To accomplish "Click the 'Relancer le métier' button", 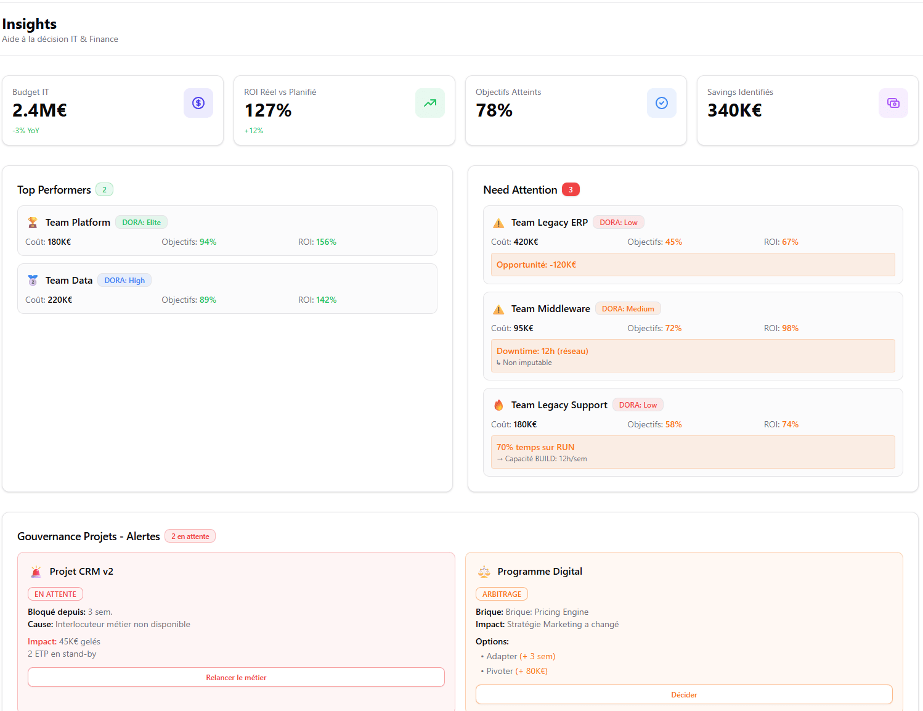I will pyautogui.click(x=236, y=677).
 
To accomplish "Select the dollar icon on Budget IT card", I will pyautogui.click(x=198, y=103).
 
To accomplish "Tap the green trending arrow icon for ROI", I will pyautogui.click(x=430, y=103).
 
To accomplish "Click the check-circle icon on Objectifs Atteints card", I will pyautogui.click(x=662, y=103).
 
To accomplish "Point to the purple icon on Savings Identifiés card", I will pyautogui.click(x=893, y=103).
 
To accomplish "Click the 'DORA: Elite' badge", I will pyautogui.click(x=141, y=223).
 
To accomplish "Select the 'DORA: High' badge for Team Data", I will pyautogui.click(x=124, y=281).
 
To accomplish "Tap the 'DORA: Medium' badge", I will pyautogui.click(x=628, y=309).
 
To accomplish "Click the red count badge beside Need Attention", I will pyautogui.click(x=571, y=190).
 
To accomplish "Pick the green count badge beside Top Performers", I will pyautogui.click(x=104, y=190).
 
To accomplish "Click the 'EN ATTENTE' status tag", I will pyautogui.click(x=55, y=594).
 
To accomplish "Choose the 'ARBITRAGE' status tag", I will pyautogui.click(x=502, y=594).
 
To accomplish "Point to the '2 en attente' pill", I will pyautogui.click(x=190, y=536).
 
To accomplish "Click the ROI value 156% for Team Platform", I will pyautogui.click(x=326, y=242).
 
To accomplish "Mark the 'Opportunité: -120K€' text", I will pyautogui.click(x=536, y=265).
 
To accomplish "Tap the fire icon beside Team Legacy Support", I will pyautogui.click(x=498, y=405).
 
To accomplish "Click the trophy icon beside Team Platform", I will pyautogui.click(x=33, y=223).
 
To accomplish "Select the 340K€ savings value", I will pyautogui.click(x=734, y=110).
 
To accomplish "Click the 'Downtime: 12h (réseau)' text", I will pyautogui.click(x=542, y=351).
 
